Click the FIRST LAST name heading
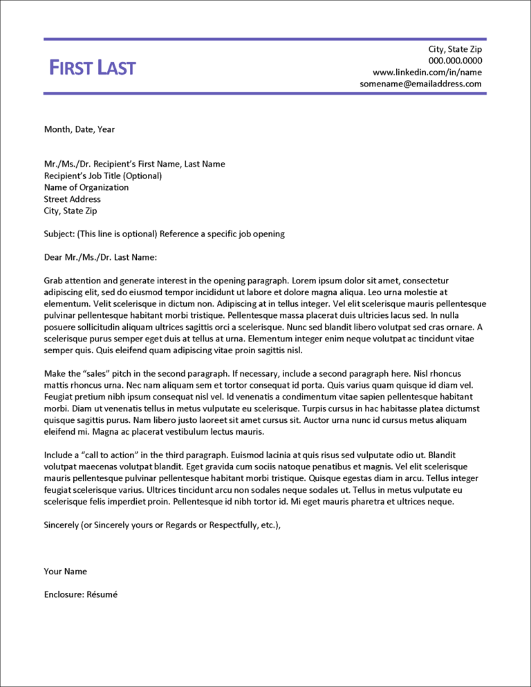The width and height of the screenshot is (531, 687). (x=93, y=68)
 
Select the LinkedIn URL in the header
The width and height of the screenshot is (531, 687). (x=427, y=72)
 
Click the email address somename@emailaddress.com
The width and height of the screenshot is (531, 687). (x=420, y=84)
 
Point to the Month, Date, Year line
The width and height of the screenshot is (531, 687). (x=80, y=129)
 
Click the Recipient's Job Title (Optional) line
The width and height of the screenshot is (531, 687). (x=103, y=176)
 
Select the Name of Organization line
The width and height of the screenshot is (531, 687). (x=86, y=187)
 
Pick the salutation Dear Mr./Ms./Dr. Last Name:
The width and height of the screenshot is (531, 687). (x=100, y=258)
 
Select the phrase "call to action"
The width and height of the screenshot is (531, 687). (x=102, y=455)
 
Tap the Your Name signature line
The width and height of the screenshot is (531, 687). (x=66, y=572)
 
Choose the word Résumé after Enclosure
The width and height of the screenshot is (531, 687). (x=103, y=594)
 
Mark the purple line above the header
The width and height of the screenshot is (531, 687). (x=265, y=39)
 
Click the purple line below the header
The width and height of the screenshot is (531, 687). (x=265, y=93)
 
